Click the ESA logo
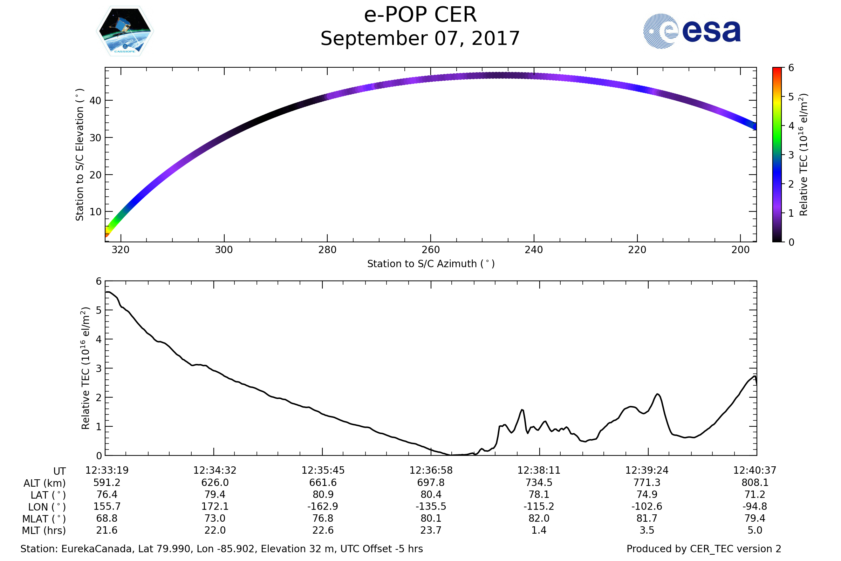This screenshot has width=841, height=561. [691, 31]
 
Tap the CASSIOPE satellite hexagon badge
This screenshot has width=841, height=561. [125, 31]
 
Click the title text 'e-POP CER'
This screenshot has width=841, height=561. [420, 15]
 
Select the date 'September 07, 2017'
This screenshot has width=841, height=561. [420, 39]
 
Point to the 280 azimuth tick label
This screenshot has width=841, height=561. [327, 250]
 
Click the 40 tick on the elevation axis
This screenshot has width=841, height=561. [95, 101]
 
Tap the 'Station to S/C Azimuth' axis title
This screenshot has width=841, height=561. [431, 264]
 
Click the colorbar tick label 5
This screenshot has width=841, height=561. [791, 97]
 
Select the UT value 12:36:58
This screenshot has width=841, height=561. [431, 471]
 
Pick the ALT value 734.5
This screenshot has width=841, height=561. [539, 483]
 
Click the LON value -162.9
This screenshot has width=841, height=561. [323, 507]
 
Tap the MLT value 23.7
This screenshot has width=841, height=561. [431, 530]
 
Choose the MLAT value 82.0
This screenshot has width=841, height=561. [539, 519]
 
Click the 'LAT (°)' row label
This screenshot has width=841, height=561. [48, 495]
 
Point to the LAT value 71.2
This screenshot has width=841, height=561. [755, 494]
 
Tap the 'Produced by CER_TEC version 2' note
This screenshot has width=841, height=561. [704, 549]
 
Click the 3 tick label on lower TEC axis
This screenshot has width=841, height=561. [99, 369]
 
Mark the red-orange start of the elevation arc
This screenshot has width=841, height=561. [107, 234]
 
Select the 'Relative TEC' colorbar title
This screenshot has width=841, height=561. [803, 155]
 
